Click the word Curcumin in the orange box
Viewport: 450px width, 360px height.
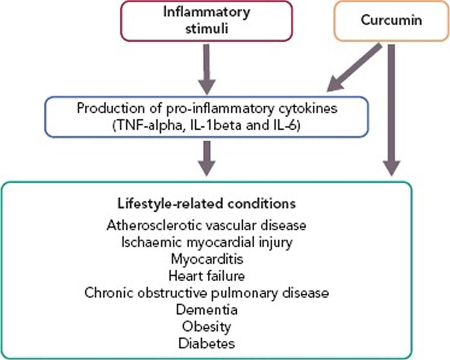(x=391, y=20)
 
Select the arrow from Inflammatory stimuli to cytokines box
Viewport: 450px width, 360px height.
(x=207, y=66)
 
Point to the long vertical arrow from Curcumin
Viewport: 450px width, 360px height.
(x=392, y=108)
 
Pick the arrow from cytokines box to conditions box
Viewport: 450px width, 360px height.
(x=207, y=157)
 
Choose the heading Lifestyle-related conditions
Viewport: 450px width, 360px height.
(x=207, y=203)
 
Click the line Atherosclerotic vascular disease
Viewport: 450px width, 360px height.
(x=207, y=225)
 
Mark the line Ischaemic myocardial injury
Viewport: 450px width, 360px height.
(x=207, y=242)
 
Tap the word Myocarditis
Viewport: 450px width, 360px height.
(x=207, y=259)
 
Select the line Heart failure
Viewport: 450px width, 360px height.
(x=207, y=276)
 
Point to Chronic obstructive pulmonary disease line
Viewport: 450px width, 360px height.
(x=207, y=293)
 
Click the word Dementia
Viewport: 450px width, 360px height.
(x=207, y=309)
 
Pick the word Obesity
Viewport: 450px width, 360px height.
(x=207, y=326)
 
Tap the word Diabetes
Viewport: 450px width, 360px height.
(x=207, y=343)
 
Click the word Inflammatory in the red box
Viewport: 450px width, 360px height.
(x=207, y=12)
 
